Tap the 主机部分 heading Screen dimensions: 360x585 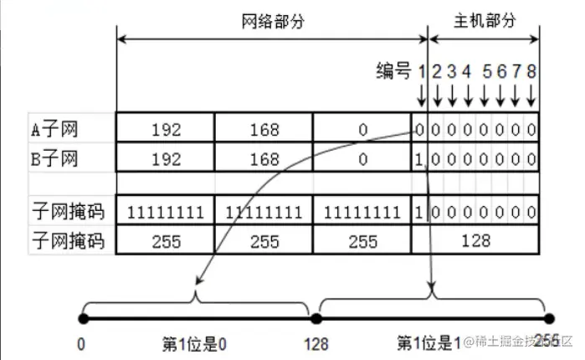point(484,21)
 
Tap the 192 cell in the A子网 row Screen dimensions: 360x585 point(166,130)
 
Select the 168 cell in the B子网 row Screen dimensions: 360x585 point(264,157)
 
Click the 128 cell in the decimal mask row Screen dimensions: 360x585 point(475,241)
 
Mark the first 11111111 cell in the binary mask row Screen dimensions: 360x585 point(166,213)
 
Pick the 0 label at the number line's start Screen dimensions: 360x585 point(81,343)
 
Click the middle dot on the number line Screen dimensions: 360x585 point(316,318)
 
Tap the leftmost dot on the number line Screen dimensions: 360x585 point(82,318)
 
